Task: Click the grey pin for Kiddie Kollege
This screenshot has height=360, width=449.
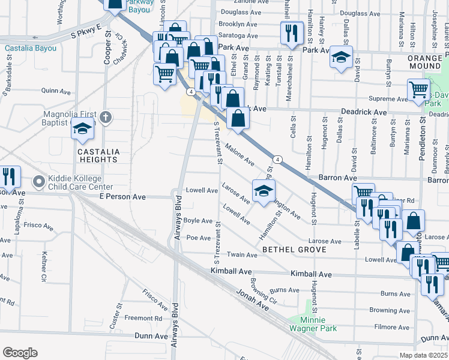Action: pyautogui.click(x=40, y=181)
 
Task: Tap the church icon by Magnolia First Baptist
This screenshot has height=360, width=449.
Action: pyautogui.click(x=106, y=117)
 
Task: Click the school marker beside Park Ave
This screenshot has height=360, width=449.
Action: pyautogui.click(x=341, y=58)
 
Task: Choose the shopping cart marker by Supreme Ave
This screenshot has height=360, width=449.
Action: pyautogui.click(x=418, y=91)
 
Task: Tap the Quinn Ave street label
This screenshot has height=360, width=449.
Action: pyautogui.click(x=56, y=91)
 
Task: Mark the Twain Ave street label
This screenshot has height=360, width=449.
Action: pyautogui.click(x=242, y=255)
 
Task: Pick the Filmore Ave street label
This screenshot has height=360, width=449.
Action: pyautogui.click(x=391, y=328)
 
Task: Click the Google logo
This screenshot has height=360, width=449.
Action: pyautogui.click(x=20, y=353)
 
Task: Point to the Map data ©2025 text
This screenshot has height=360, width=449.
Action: pyautogui.click(x=424, y=355)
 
